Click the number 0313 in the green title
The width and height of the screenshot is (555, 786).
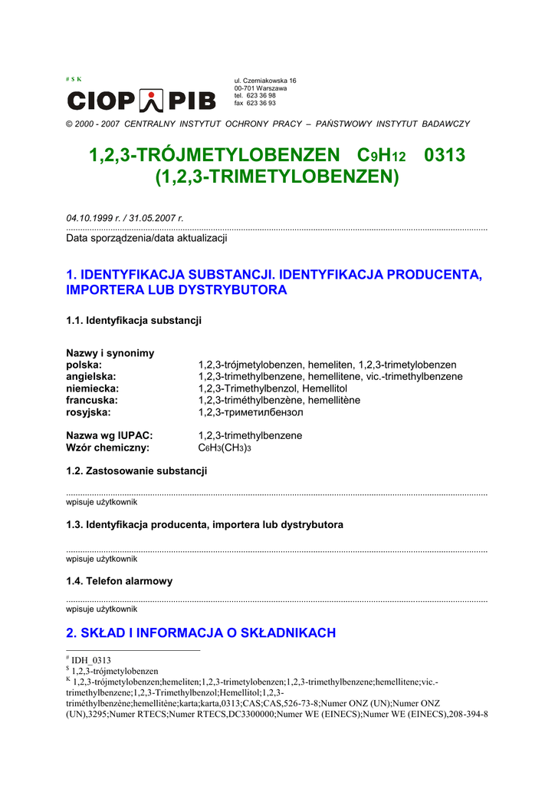tap(445, 155)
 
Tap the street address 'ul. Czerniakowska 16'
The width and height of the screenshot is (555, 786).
tap(265, 81)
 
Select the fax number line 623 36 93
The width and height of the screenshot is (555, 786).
tap(255, 103)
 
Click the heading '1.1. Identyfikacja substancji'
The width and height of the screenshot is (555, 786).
tap(134, 320)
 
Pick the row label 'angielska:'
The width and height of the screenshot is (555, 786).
tap(91, 377)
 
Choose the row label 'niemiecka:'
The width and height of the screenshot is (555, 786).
tap(93, 388)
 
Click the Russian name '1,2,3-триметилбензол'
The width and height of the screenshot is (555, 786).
tap(251, 412)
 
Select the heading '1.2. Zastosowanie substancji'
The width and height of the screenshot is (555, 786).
tap(136, 471)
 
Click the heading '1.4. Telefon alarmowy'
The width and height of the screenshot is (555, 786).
tap(120, 581)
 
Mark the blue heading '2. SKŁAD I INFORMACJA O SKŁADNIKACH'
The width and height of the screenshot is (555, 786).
tap(201, 633)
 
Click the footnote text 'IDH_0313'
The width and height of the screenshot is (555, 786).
tap(91, 660)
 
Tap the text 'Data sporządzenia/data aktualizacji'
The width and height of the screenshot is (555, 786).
tap(146, 238)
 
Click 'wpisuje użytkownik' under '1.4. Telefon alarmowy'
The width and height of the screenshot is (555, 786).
tap(102, 609)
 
